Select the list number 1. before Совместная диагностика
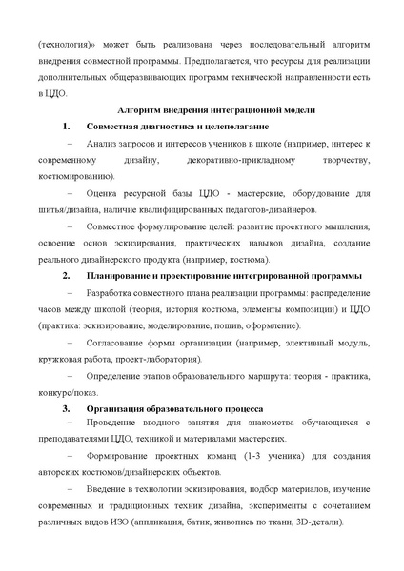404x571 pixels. click(66, 127)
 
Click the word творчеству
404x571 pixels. click(337, 161)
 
